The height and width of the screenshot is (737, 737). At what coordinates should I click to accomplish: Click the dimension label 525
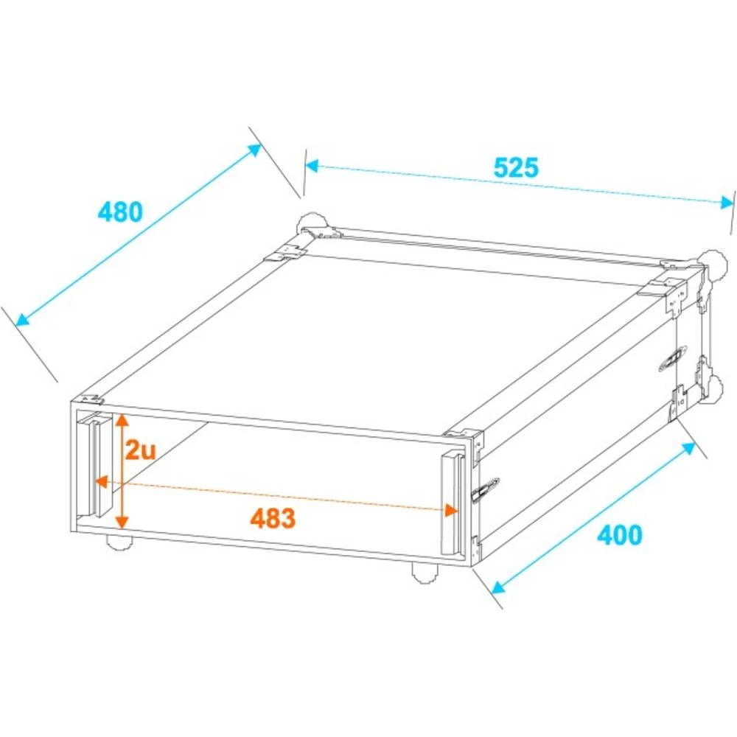(516, 168)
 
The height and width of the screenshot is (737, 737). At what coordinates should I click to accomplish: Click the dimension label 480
(119, 212)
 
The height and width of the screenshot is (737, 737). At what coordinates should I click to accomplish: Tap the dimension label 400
(619, 534)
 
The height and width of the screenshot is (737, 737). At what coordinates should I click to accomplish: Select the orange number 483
(273, 518)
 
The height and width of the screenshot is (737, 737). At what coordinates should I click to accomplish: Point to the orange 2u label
(140, 450)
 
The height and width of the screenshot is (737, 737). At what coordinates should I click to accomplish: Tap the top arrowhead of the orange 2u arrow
(122, 419)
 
